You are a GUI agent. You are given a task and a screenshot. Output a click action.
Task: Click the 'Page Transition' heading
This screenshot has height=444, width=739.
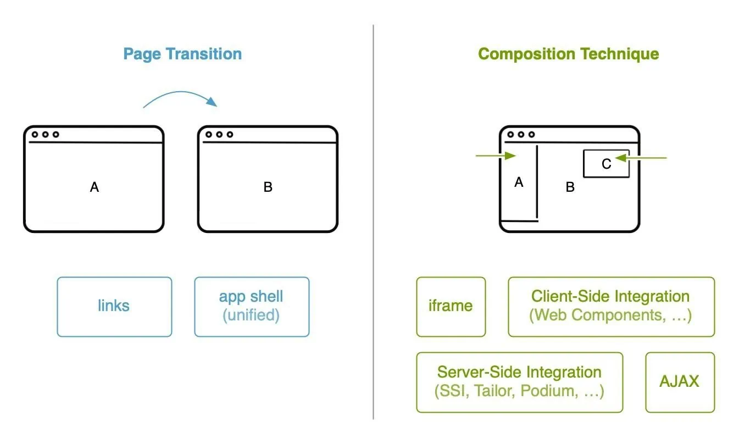(182, 54)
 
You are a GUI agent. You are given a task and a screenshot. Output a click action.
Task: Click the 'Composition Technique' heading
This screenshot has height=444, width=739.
(569, 54)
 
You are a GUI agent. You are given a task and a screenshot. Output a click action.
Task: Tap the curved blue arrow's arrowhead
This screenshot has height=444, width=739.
(212, 101)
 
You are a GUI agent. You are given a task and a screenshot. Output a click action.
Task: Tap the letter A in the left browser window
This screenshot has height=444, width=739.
(95, 187)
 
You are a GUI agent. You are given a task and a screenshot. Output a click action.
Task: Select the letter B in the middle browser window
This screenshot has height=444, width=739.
(268, 187)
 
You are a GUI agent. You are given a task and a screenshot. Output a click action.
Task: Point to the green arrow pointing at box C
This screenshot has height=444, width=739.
(641, 158)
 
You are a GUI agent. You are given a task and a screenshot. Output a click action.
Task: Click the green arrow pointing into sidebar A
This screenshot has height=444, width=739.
(496, 156)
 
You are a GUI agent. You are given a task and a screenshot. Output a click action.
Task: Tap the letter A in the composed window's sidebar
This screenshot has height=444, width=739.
(519, 182)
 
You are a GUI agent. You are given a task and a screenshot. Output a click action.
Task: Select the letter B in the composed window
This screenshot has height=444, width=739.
(570, 187)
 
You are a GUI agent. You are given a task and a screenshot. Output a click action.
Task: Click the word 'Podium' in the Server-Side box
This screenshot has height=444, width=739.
(549, 391)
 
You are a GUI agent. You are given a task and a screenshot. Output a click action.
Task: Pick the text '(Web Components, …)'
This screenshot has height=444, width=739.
(610, 315)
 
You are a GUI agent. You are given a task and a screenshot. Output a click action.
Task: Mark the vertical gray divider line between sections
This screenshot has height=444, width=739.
(374, 221)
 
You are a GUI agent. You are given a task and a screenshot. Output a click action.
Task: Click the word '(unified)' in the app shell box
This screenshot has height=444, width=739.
(251, 315)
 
